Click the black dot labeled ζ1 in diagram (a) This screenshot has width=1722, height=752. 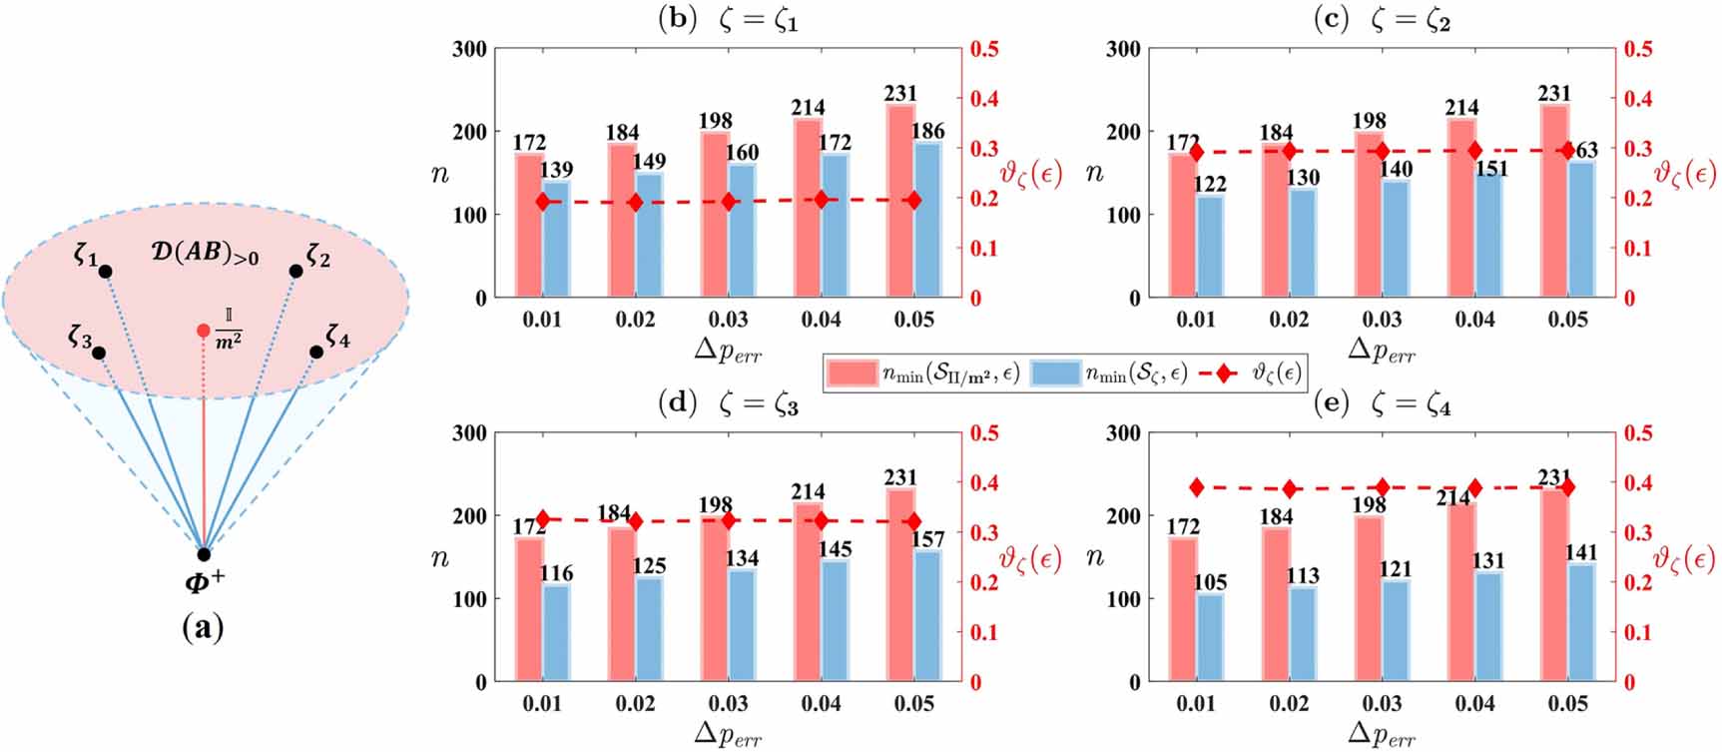click(x=105, y=272)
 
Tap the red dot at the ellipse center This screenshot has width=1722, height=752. click(x=204, y=330)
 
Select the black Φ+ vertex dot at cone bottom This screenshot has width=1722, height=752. click(x=204, y=554)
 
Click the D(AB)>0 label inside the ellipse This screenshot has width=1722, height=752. click(x=205, y=253)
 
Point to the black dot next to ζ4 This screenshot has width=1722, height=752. click(x=316, y=352)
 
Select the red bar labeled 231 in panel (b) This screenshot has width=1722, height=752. click(x=899, y=200)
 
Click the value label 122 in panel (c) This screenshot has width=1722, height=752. click(x=1210, y=184)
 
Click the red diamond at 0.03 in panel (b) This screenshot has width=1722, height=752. click(x=729, y=202)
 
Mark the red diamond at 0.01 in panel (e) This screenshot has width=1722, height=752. click(x=1197, y=487)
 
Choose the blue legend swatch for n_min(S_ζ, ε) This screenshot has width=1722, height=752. click(x=1054, y=374)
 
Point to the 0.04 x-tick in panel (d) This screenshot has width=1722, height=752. click(x=821, y=704)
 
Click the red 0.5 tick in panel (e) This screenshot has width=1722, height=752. click(x=1638, y=433)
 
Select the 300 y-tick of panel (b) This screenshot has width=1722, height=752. click(x=469, y=49)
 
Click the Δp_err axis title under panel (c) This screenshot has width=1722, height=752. click(x=1382, y=349)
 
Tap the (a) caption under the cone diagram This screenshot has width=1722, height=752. click(x=203, y=627)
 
